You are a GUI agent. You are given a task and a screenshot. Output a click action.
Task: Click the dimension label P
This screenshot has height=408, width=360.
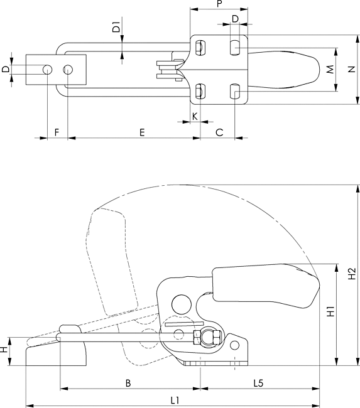click(219, 4)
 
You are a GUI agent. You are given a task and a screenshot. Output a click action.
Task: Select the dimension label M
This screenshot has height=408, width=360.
click(330, 70)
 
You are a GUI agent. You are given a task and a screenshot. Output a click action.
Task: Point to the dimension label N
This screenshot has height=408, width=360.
click(352, 69)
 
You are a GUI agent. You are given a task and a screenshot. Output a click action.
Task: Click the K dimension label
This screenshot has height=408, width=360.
click(195, 116)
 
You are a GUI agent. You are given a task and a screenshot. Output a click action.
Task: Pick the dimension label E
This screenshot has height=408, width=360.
click(142, 132)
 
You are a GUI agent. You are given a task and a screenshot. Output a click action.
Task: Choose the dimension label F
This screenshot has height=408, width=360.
click(57, 132)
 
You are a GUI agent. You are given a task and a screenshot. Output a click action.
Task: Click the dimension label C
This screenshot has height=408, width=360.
click(219, 132)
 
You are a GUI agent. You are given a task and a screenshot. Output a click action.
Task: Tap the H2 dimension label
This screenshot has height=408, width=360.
click(352, 273)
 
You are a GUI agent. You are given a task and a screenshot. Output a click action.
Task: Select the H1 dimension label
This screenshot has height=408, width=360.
click(330, 311)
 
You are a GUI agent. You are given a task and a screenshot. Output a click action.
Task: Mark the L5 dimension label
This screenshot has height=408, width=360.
click(259, 383)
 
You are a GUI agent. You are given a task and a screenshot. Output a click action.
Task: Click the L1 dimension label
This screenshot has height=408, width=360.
click(175, 400)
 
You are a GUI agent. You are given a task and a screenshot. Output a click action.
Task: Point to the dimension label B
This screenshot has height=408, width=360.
click(128, 383)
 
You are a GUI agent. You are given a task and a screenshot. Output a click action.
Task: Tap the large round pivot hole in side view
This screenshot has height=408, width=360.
click(182, 304)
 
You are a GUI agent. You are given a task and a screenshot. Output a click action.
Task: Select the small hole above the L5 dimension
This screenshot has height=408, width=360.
click(234, 345)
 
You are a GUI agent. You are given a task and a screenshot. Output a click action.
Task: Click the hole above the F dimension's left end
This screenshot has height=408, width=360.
click(47, 70)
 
